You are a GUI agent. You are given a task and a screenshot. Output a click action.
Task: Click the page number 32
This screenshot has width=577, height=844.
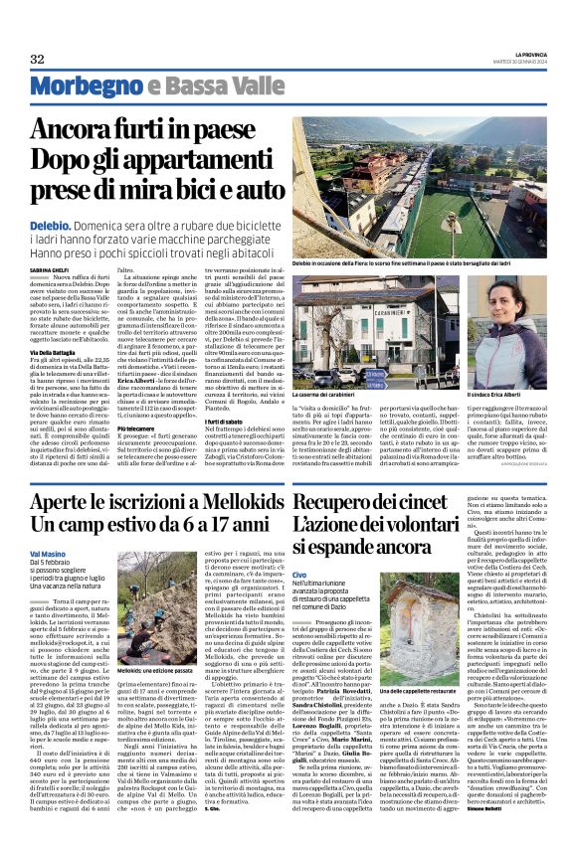[37, 60]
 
